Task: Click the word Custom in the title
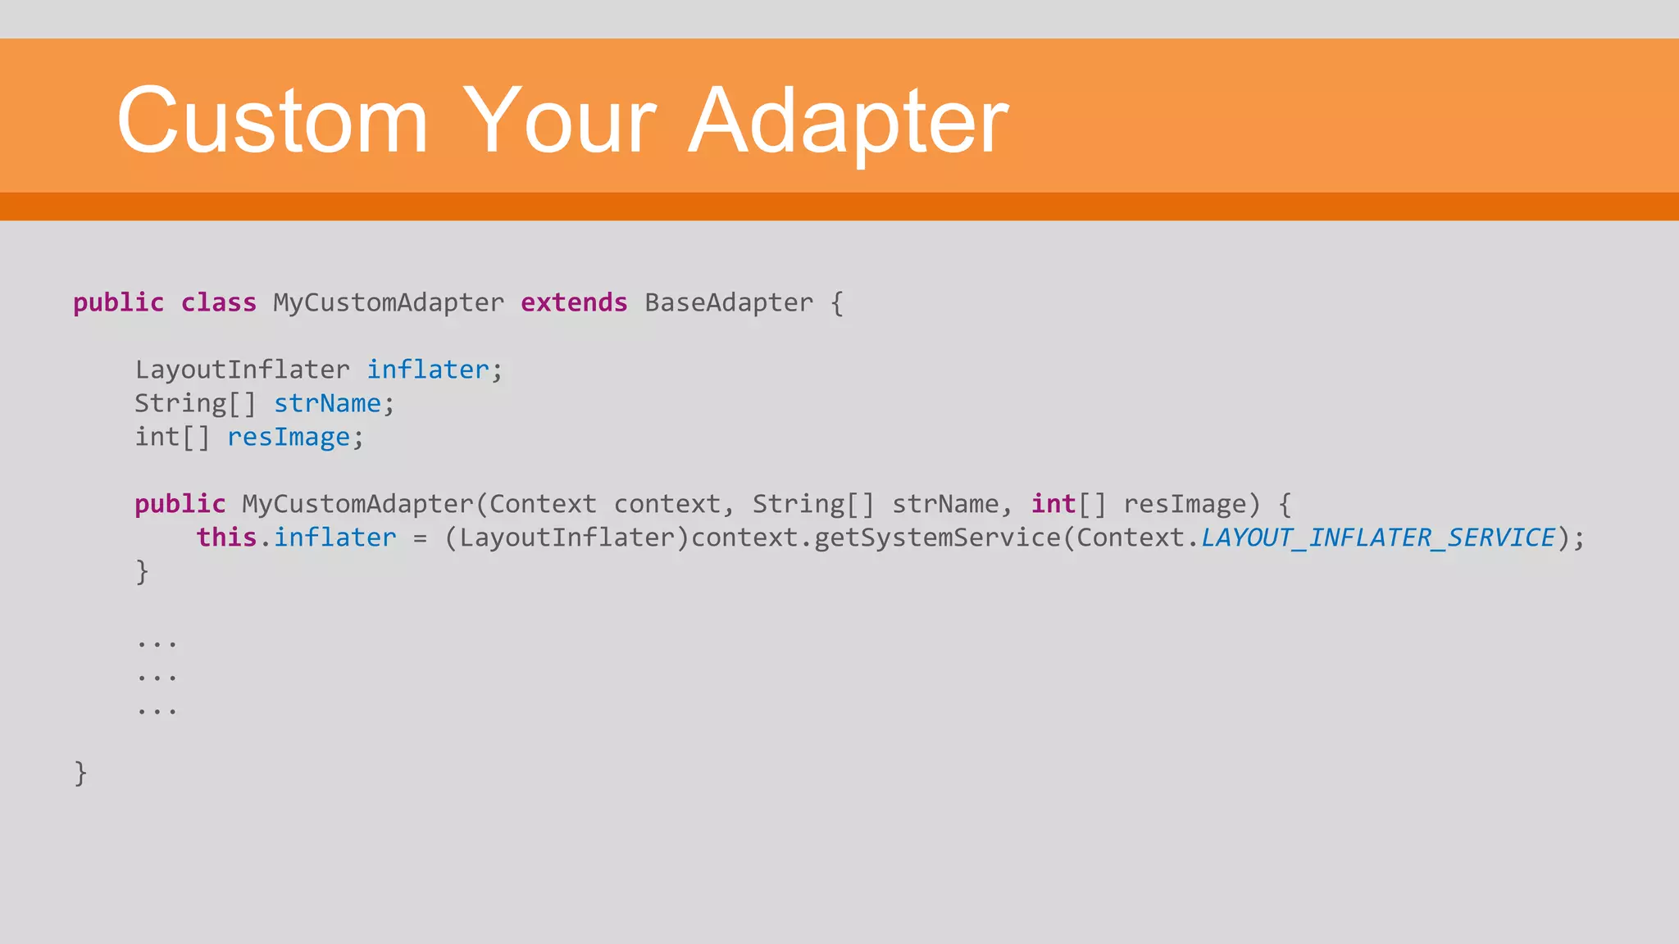[272, 121]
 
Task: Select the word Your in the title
[560, 121]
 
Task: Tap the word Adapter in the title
[849, 121]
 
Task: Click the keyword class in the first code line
[219, 302]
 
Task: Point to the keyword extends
[574, 302]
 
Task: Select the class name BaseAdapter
[729, 302]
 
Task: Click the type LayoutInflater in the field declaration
[242, 370]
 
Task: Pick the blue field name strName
[327, 403]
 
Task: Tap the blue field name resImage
[289, 437]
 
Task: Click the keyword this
[226, 538]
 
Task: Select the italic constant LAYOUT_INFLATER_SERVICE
[1377, 538]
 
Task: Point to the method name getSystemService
[937, 538]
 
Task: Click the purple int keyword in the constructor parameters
[1053, 504]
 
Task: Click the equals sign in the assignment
[420, 538]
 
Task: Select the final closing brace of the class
[80, 773]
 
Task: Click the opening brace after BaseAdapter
[837, 303]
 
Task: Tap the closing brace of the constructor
[143, 571]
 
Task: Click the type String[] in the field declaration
[195, 403]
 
